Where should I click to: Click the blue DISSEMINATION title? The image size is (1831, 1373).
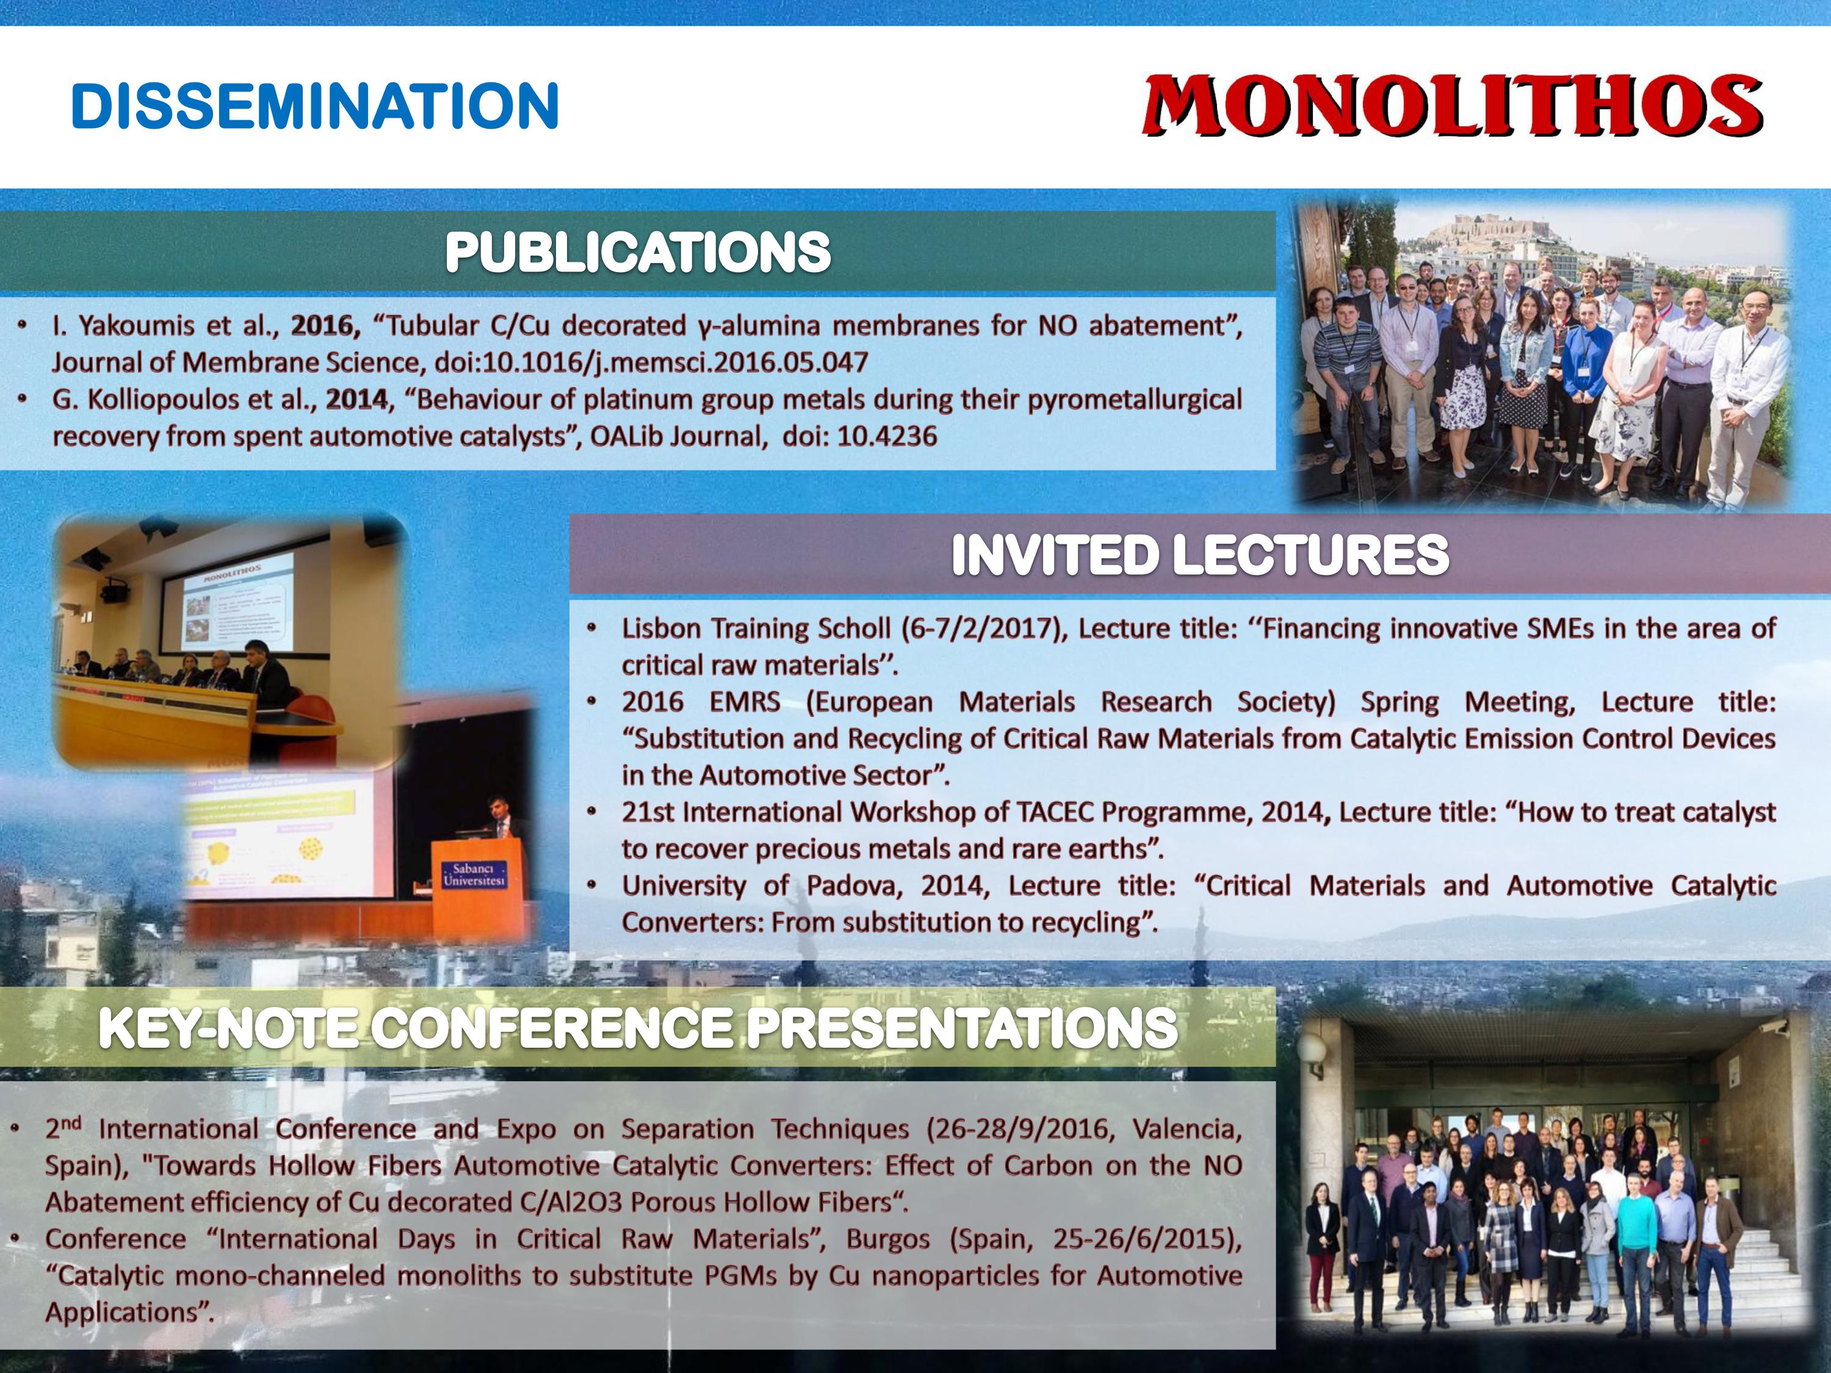tap(314, 106)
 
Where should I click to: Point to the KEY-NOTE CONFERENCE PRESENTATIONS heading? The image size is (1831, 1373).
tap(637, 1028)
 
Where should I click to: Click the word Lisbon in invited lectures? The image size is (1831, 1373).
tap(660, 629)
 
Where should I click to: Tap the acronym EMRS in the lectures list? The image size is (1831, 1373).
tap(744, 702)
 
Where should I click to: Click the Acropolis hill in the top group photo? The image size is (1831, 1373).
tap(1482, 228)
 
